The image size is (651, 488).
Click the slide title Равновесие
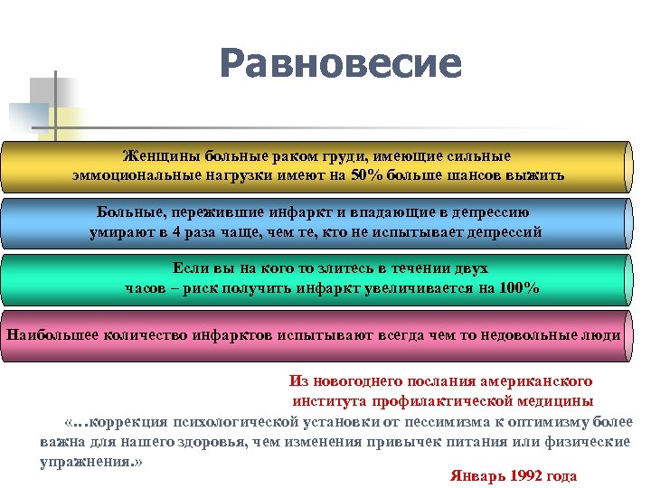click(339, 64)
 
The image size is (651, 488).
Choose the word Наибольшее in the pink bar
click(55, 334)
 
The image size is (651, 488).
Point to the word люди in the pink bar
click(603, 334)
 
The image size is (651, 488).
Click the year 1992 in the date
click(529, 476)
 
